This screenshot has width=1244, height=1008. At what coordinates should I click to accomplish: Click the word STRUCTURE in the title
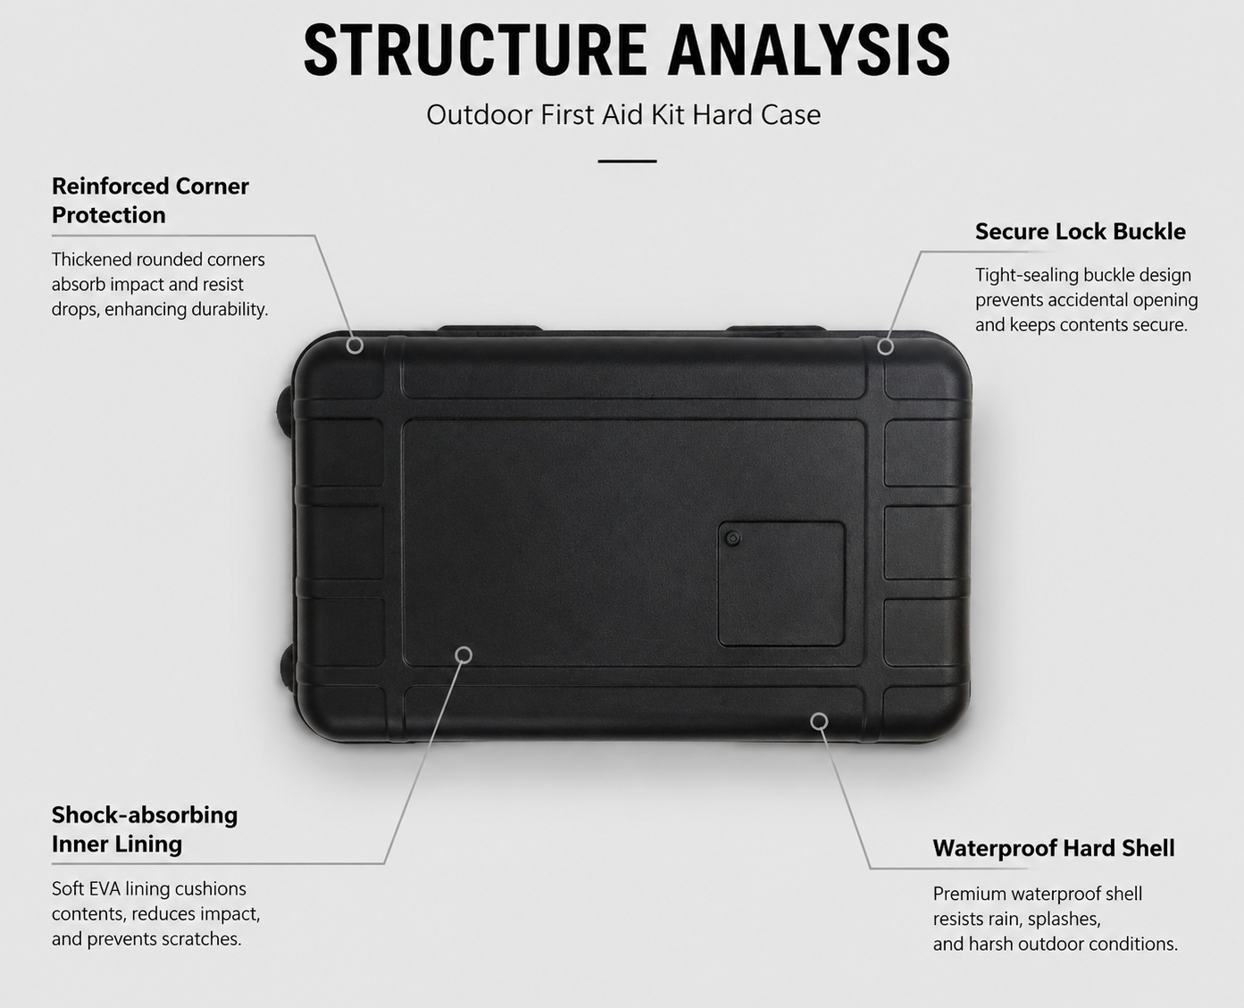click(x=475, y=50)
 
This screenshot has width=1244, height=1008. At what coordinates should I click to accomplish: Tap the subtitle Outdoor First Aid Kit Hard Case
click(x=623, y=115)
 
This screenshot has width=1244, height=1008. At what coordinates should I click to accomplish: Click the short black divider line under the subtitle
click(x=627, y=161)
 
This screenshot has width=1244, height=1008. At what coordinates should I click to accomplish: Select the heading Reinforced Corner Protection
click(x=150, y=201)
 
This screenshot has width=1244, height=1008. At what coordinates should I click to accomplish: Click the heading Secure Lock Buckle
click(x=1081, y=232)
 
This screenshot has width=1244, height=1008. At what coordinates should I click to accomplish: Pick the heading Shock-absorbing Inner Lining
click(x=145, y=829)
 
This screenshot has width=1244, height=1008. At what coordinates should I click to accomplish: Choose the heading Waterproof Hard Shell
click(x=1054, y=848)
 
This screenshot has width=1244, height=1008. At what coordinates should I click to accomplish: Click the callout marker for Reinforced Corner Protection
click(x=355, y=346)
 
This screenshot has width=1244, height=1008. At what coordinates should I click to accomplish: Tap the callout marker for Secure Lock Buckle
click(x=885, y=346)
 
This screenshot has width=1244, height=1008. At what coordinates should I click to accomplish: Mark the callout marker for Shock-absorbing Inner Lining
click(x=463, y=654)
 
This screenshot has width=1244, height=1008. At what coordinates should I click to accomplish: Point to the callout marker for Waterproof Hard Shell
click(x=820, y=721)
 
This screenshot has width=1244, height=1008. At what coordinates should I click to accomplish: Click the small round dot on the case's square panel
click(x=733, y=538)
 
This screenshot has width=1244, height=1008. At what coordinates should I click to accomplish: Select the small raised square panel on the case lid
click(x=781, y=584)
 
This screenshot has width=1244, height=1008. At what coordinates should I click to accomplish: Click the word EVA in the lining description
click(x=105, y=889)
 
